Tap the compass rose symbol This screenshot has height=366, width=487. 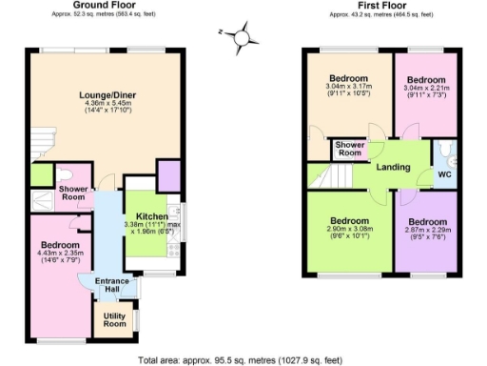(242, 37)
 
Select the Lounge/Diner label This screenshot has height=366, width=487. (103, 94)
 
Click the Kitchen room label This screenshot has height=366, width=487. (146, 215)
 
